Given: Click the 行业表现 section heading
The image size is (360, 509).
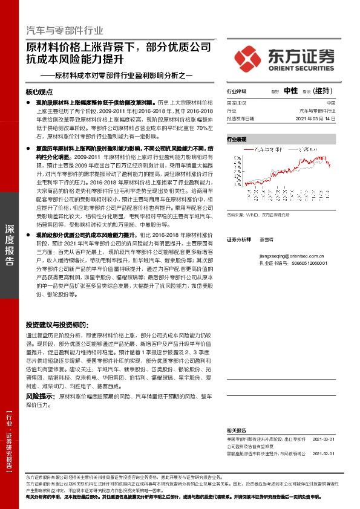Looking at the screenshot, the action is pyautogui.click(x=237, y=139).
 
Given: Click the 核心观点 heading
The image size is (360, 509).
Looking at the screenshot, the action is pyautogui.click(x=39, y=92).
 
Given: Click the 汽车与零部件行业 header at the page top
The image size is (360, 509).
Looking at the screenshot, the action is pyautogui.click(x=65, y=31).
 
